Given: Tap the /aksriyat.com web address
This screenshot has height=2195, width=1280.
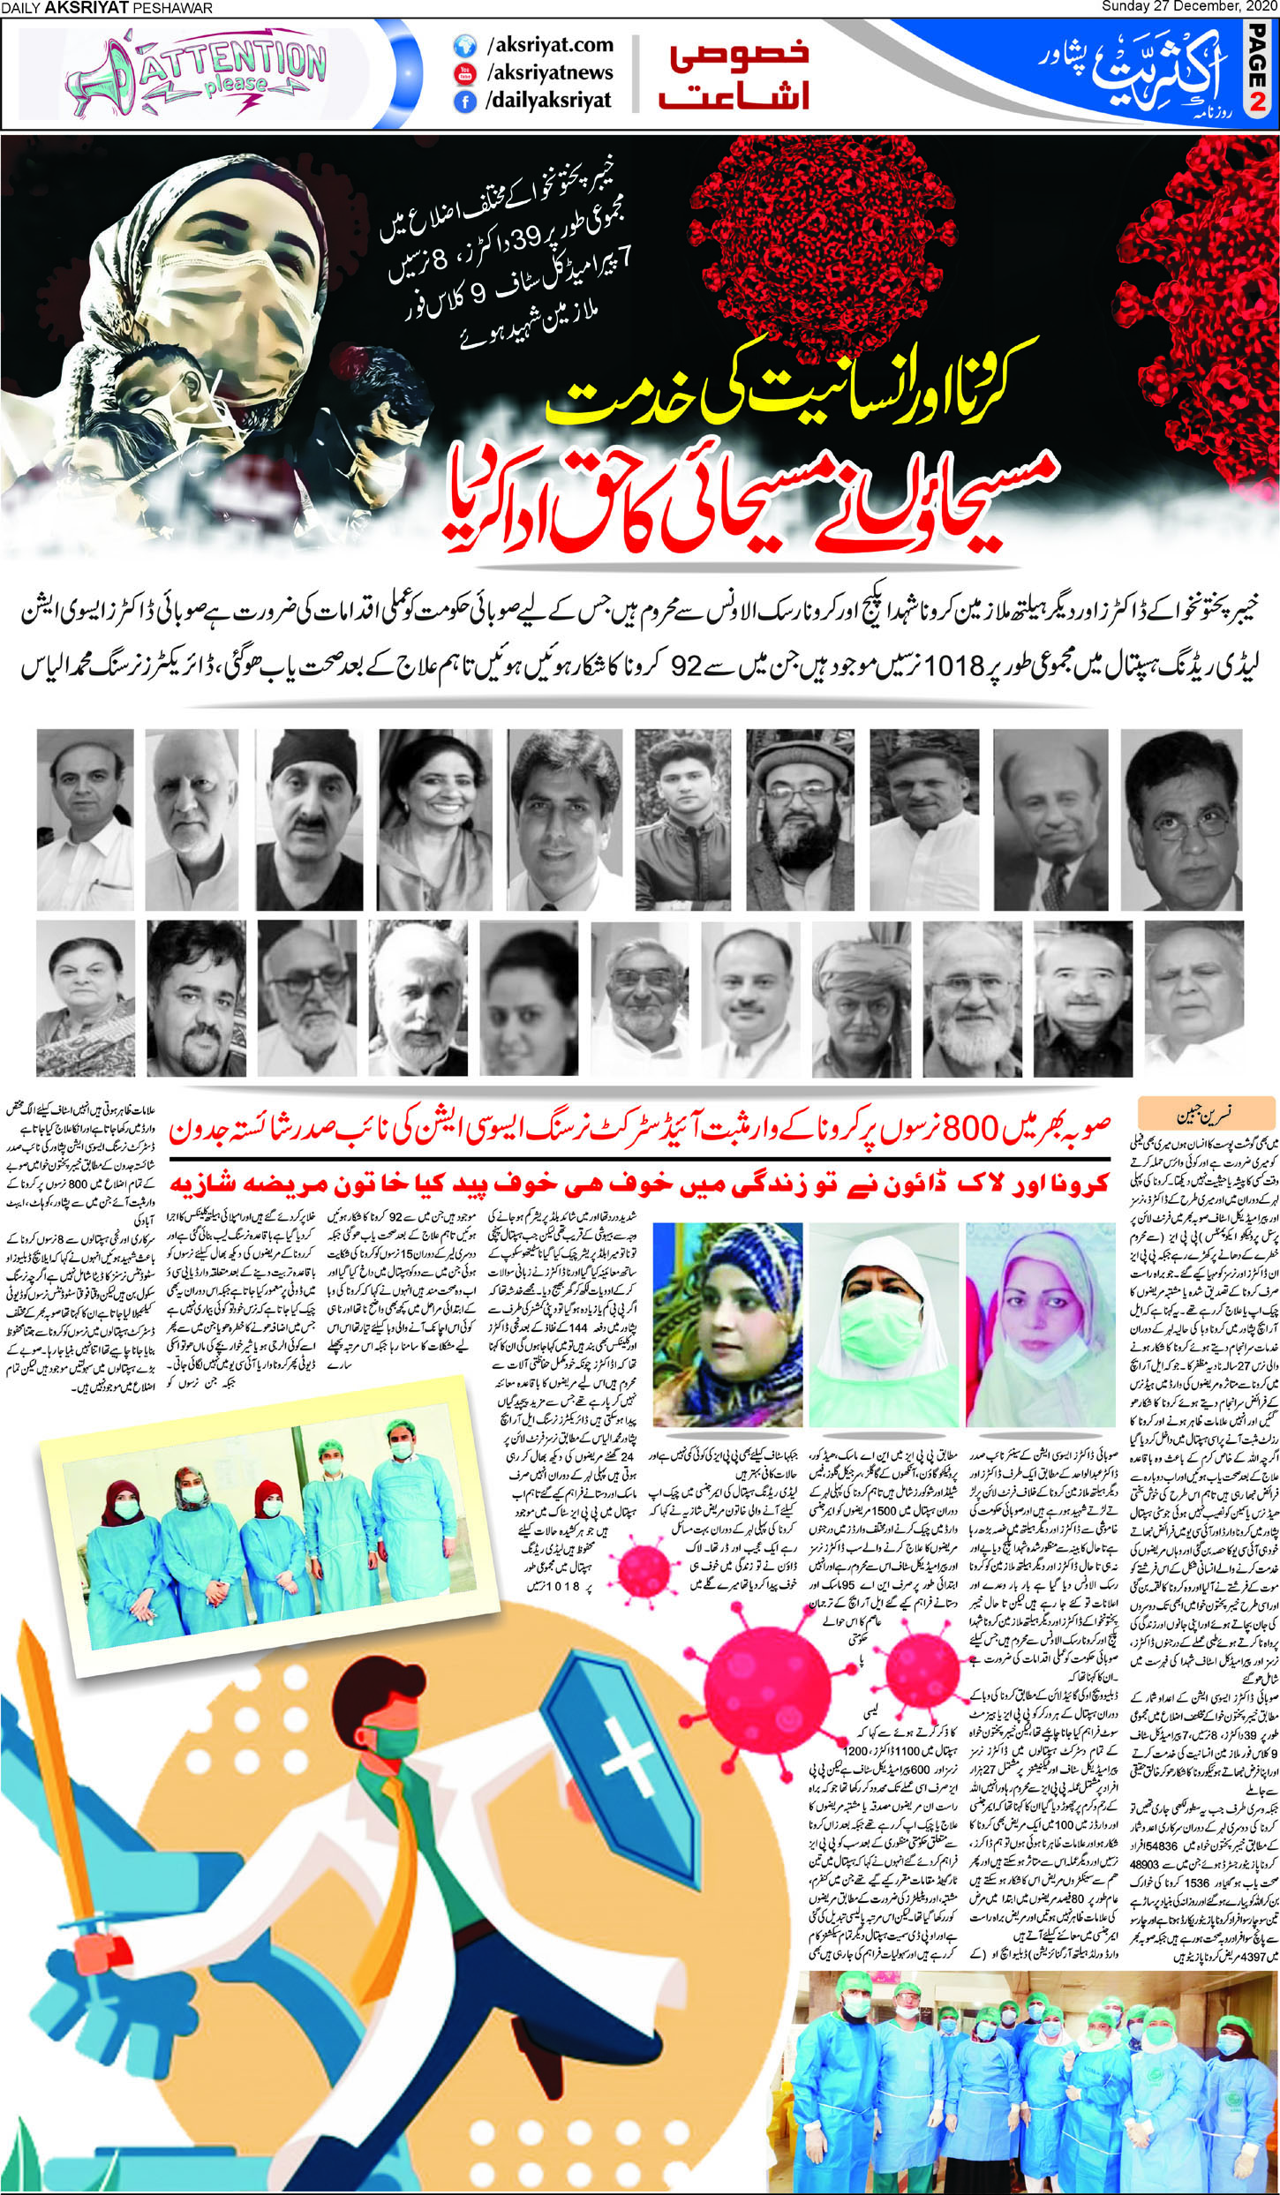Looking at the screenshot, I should pyautogui.click(x=548, y=44).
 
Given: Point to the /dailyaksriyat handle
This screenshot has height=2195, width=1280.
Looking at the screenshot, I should pyautogui.click(x=547, y=101).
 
